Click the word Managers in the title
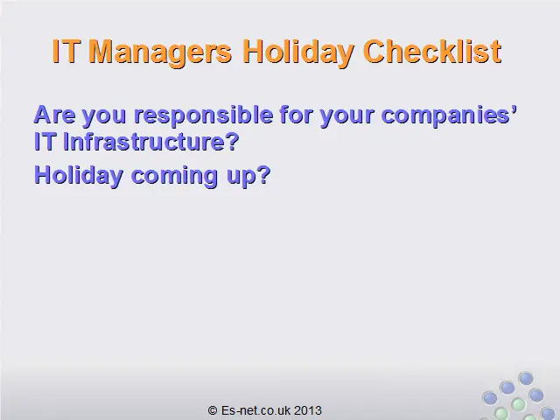[x=161, y=52]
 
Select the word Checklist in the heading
[x=432, y=52]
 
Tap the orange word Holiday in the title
[x=298, y=52]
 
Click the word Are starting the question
[x=54, y=115]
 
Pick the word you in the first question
[x=104, y=116]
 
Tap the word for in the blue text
[x=297, y=115]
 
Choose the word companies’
[x=449, y=115]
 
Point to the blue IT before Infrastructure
[x=45, y=142]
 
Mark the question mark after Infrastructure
[x=232, y=142]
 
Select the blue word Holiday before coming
[x=79, y=176]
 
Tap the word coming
[x=175, y=177]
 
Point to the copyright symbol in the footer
[x=213, y=410]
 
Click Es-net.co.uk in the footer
[x=256, y=410]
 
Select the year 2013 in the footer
[x=308, y=410]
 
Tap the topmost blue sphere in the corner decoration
[x=526, y=378]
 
